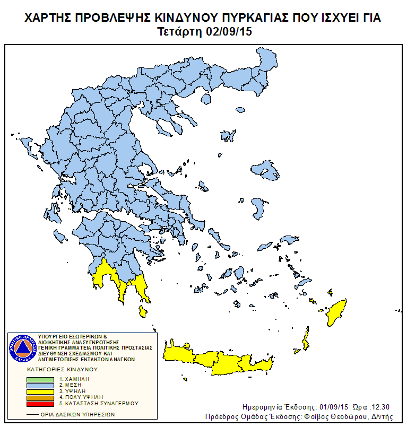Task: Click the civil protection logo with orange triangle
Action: click(22, 348)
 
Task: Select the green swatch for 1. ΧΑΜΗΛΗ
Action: click(40, 379)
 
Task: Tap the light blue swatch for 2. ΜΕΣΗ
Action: click(40, 385)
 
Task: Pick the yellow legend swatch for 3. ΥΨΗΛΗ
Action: click(40, 391)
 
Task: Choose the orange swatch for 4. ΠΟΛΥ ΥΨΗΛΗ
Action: click(40, 397)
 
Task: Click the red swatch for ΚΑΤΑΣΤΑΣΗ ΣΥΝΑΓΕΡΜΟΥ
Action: click(40, 404)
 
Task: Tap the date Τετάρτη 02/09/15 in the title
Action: click(204, 31)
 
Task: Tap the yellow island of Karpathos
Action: click(305, 339)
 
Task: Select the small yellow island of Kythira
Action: click(142, 311)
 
